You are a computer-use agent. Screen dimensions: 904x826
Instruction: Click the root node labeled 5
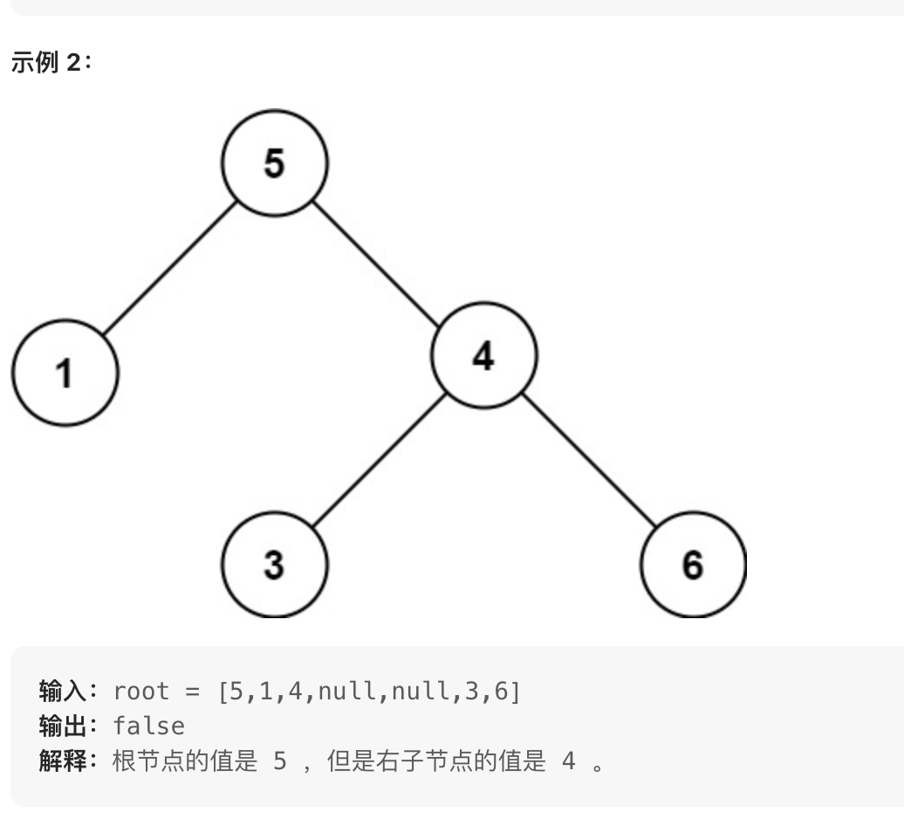(x=274, y=163)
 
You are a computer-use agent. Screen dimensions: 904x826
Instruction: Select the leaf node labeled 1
(x=65, y=373)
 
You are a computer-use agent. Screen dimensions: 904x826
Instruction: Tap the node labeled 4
(x=483, y=355)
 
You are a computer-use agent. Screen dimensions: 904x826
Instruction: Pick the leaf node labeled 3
(x=274, y=565)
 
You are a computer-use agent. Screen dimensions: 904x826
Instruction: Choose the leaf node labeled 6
(x=693, y=565)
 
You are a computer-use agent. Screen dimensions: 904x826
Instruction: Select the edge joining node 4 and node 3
(x=379, y=460)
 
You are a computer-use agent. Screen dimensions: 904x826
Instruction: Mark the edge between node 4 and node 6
(x=588, y=460)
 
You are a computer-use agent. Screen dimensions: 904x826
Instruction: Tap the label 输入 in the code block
(x=63, y=692)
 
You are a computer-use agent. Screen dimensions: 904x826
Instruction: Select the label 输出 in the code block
(x=63, y=726)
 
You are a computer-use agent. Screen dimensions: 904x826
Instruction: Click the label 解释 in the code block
(x=63, y=761)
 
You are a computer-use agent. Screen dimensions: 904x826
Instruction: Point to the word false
(x=149, y=726)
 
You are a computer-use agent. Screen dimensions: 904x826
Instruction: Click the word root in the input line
(x=141, y=692)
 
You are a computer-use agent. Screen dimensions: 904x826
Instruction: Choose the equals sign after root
(x=192, y=692)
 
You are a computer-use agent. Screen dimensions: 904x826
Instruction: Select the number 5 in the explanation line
(x=279, y=761)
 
